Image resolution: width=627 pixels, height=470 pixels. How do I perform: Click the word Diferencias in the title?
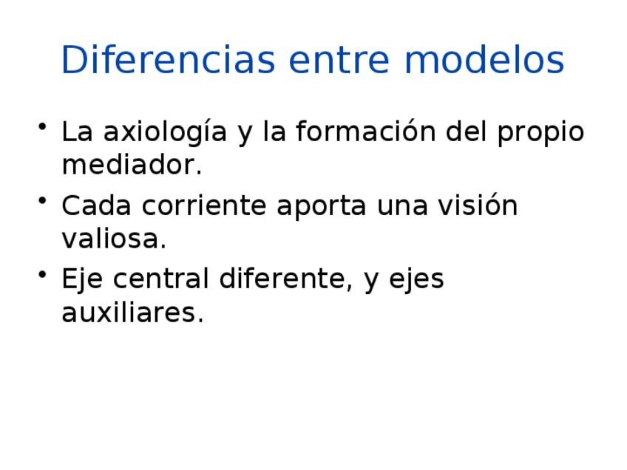[x=169, y=60]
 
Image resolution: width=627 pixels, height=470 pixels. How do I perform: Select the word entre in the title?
[x=339, y=61]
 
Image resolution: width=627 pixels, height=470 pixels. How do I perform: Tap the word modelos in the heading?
[x=484, y=60]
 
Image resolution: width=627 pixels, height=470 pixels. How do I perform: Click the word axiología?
[x=165, y=132]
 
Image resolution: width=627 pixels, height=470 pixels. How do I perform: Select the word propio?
[x=540, y=132]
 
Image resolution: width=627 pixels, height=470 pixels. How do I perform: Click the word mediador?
[x=132, y=164]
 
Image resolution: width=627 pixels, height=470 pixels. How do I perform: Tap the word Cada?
[x=96, y=205]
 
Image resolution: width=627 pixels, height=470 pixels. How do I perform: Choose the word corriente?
[x=204, y=205]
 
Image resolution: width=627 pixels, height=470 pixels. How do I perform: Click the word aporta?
[x=322, y=206]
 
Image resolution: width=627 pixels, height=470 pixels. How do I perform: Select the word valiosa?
[x=114, y=238]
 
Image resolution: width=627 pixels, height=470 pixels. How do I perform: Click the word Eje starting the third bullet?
[x=82, y=279]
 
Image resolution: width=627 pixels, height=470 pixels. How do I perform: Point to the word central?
[x=161, y=278]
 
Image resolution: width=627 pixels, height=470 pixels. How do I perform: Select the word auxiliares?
[x=133, y=312]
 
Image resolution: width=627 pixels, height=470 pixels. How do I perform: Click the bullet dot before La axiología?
[x=42, y=126]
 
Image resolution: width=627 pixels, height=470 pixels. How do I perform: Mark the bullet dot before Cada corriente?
[x=42, y=200]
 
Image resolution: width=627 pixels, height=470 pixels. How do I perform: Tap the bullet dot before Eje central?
[x=42, y=273]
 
